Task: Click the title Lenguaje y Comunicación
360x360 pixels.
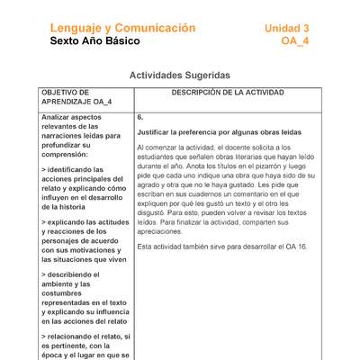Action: pyautogui.click(x=122, y=28)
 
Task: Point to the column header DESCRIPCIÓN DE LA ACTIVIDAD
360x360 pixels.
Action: pyautogui.click(x=227, y=93)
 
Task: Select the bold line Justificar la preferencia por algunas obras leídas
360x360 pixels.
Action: pyautogui.click(x=219, y=132)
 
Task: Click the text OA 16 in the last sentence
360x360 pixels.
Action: pyautogui.click(x=293, y=246)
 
